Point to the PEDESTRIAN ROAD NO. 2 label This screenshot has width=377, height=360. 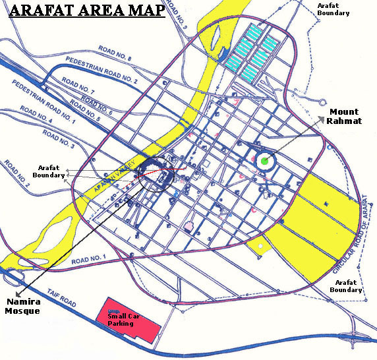[x=102, y=70]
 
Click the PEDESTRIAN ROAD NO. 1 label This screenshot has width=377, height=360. [x=45, y=101]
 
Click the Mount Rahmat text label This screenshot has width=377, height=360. [x=344, y=115]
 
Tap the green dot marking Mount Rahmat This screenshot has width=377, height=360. [x=264, y=160]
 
